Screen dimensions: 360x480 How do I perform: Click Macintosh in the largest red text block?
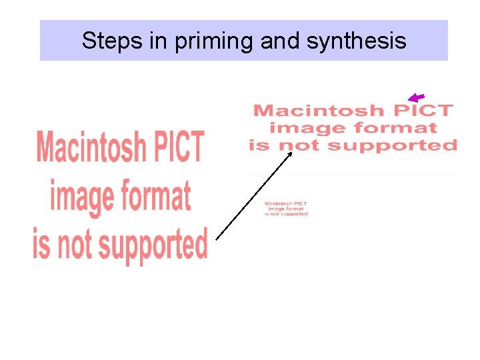[x=91, y=147]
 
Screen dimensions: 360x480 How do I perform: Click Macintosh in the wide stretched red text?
[x=318, y=111]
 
